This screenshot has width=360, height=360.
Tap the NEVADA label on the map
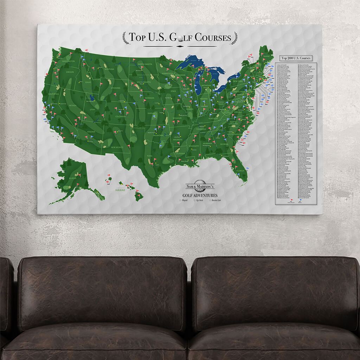click(72, 105)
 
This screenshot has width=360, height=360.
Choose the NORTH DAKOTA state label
click(146, 64)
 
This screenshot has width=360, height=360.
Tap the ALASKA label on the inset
click(72, 178)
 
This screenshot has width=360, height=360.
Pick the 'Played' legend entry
click(184, 200)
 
